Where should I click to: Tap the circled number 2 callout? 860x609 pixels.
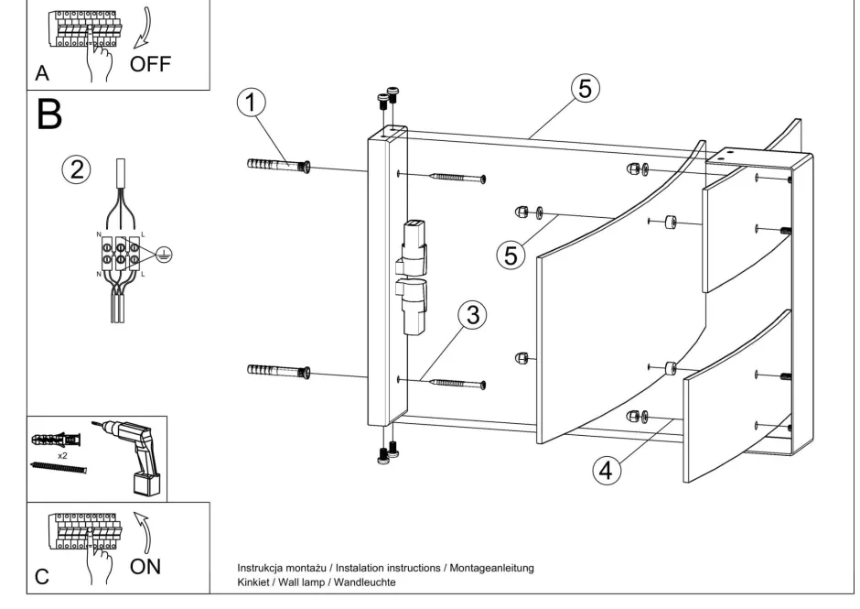pos(77,169)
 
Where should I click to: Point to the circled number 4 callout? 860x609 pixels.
pos(604,471)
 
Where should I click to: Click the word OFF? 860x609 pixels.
pos(150,64)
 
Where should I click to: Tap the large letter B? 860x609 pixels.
pos(50,115)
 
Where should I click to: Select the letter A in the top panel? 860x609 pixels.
pos(42,74)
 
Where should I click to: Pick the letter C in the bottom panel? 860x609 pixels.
pos(42,577)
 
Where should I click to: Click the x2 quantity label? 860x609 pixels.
pos(62,455)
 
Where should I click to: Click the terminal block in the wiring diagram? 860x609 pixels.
pos(120,254)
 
